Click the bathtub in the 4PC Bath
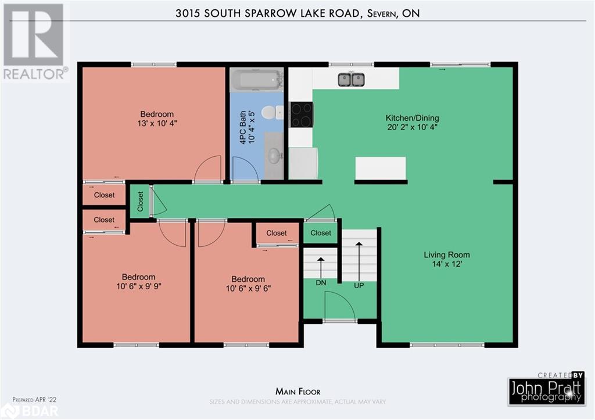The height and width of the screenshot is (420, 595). [256, 80]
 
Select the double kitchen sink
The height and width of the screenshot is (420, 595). [351, 79]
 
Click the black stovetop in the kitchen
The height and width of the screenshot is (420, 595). [301, 114]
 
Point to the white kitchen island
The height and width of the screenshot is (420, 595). [380, 168]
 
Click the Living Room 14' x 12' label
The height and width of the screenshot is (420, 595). [446, 259]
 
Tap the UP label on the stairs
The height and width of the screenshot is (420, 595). [359, 285]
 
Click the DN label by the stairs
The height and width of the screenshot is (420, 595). [320, 282]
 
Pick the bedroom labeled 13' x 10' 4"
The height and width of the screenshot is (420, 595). [157, 119]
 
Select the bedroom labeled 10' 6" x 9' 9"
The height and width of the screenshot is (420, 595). [138, 282]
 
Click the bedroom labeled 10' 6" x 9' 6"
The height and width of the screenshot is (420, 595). [248, 283]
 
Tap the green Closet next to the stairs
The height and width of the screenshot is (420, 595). [321, 233]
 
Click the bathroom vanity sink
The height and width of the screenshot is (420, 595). [273, 155]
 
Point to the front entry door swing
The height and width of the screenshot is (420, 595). [339, 306]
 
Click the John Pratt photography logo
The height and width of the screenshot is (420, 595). [545, 389]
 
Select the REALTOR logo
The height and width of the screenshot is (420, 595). [34, 41]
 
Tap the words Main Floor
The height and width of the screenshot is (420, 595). [297, 392]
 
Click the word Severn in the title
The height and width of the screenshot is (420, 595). [379, 13]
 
